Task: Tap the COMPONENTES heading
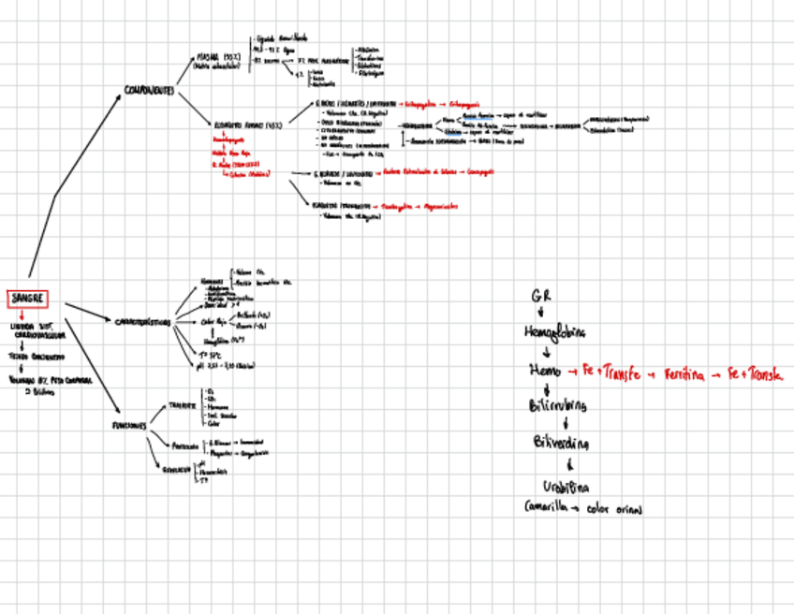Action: coord(149,91)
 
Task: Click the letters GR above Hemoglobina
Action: coord(540,296)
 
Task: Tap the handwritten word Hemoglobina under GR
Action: coord(555,332)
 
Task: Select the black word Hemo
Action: coord(545,372)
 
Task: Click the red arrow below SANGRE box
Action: coord(21,316)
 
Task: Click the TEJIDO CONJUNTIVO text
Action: coord(37,357)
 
